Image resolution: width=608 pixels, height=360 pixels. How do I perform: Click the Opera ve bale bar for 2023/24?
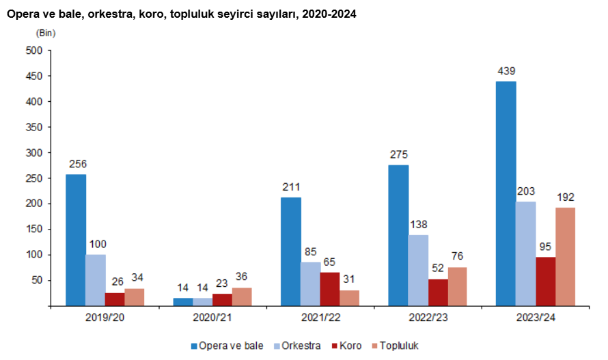click(x=506, y=193)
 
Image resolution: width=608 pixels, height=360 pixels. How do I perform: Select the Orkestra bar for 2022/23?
click(x=418, y=270)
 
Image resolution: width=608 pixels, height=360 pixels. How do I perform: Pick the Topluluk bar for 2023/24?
click(x=565, y=256)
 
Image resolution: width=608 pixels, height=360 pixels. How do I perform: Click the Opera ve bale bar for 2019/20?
click(x=76, y=240)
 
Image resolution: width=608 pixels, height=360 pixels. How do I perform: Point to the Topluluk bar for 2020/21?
click(x=242, y=296)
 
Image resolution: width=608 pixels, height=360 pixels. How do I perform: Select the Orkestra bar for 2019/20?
click(x=96, y=280)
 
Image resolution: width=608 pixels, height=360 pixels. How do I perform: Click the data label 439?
click(x=506, y=70)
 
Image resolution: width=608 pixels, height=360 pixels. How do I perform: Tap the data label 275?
click(x=398, y=154)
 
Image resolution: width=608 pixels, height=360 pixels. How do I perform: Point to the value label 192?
click(x=565, y=197)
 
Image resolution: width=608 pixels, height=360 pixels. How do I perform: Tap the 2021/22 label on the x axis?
click(x=320, y=317)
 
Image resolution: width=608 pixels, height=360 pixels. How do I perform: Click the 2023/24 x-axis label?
click(x=535, y=317)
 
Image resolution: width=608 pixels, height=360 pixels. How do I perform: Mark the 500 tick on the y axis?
click(x=34, y=51)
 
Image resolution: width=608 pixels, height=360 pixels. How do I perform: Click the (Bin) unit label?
click(x=45, y=33)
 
